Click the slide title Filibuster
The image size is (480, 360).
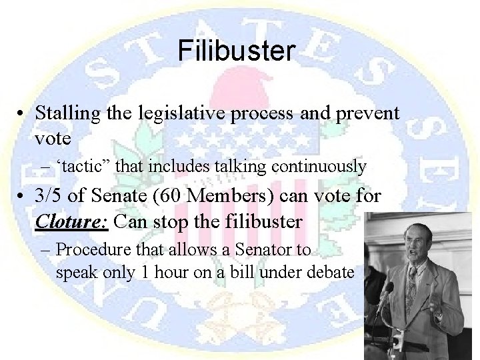click(236, 51)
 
